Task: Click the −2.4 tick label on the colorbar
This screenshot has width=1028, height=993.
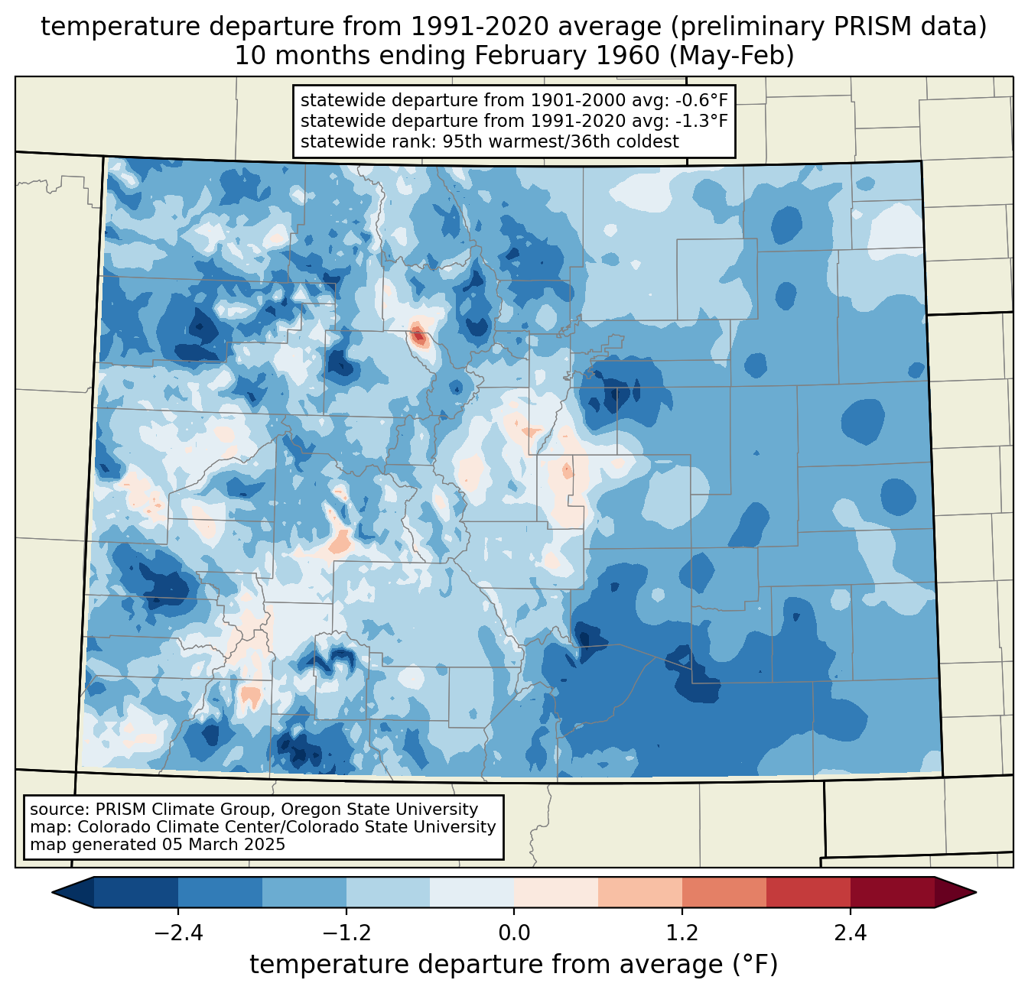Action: [x=178, y=933]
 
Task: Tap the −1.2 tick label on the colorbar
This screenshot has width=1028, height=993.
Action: [x=346, y=933]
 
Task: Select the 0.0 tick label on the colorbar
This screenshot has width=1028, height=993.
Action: [x=514, y=933]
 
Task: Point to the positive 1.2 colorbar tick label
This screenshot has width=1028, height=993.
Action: [x=682, y=933]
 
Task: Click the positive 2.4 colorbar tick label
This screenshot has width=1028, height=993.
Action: [x=850, y=933]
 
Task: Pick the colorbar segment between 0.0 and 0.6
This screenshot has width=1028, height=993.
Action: [x=556, y=892]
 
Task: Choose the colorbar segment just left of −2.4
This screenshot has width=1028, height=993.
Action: [x=136, y=892]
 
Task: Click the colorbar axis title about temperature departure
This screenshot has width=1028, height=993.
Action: [x=514, y=965]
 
